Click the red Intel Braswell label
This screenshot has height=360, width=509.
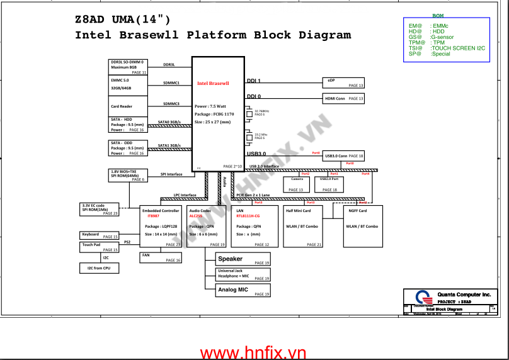click(213, 83)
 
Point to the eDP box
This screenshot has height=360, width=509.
click(343, 82)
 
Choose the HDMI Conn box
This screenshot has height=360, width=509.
click(343, 99)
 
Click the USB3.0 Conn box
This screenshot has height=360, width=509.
click(343, 155)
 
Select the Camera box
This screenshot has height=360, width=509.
click(295, 184)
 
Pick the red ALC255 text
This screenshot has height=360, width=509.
click(195, 216)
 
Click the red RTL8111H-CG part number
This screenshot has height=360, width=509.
click(248, 216)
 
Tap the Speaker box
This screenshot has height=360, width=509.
click(243, 259)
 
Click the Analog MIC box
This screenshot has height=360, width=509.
click(243, 290)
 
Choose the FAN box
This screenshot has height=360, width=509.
click(161, 257)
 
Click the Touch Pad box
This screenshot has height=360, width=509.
click(100, 247)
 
